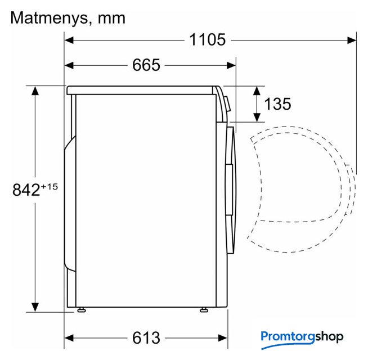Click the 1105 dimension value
pos(207,40)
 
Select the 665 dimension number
pos(146,65)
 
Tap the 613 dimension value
pos(146,337)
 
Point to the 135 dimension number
pos(277,103)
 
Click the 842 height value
pos(26,190)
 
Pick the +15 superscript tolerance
pos(50,187)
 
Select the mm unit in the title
pos(111,19)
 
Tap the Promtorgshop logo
pos(302,339)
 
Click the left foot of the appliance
pos(82,310)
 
